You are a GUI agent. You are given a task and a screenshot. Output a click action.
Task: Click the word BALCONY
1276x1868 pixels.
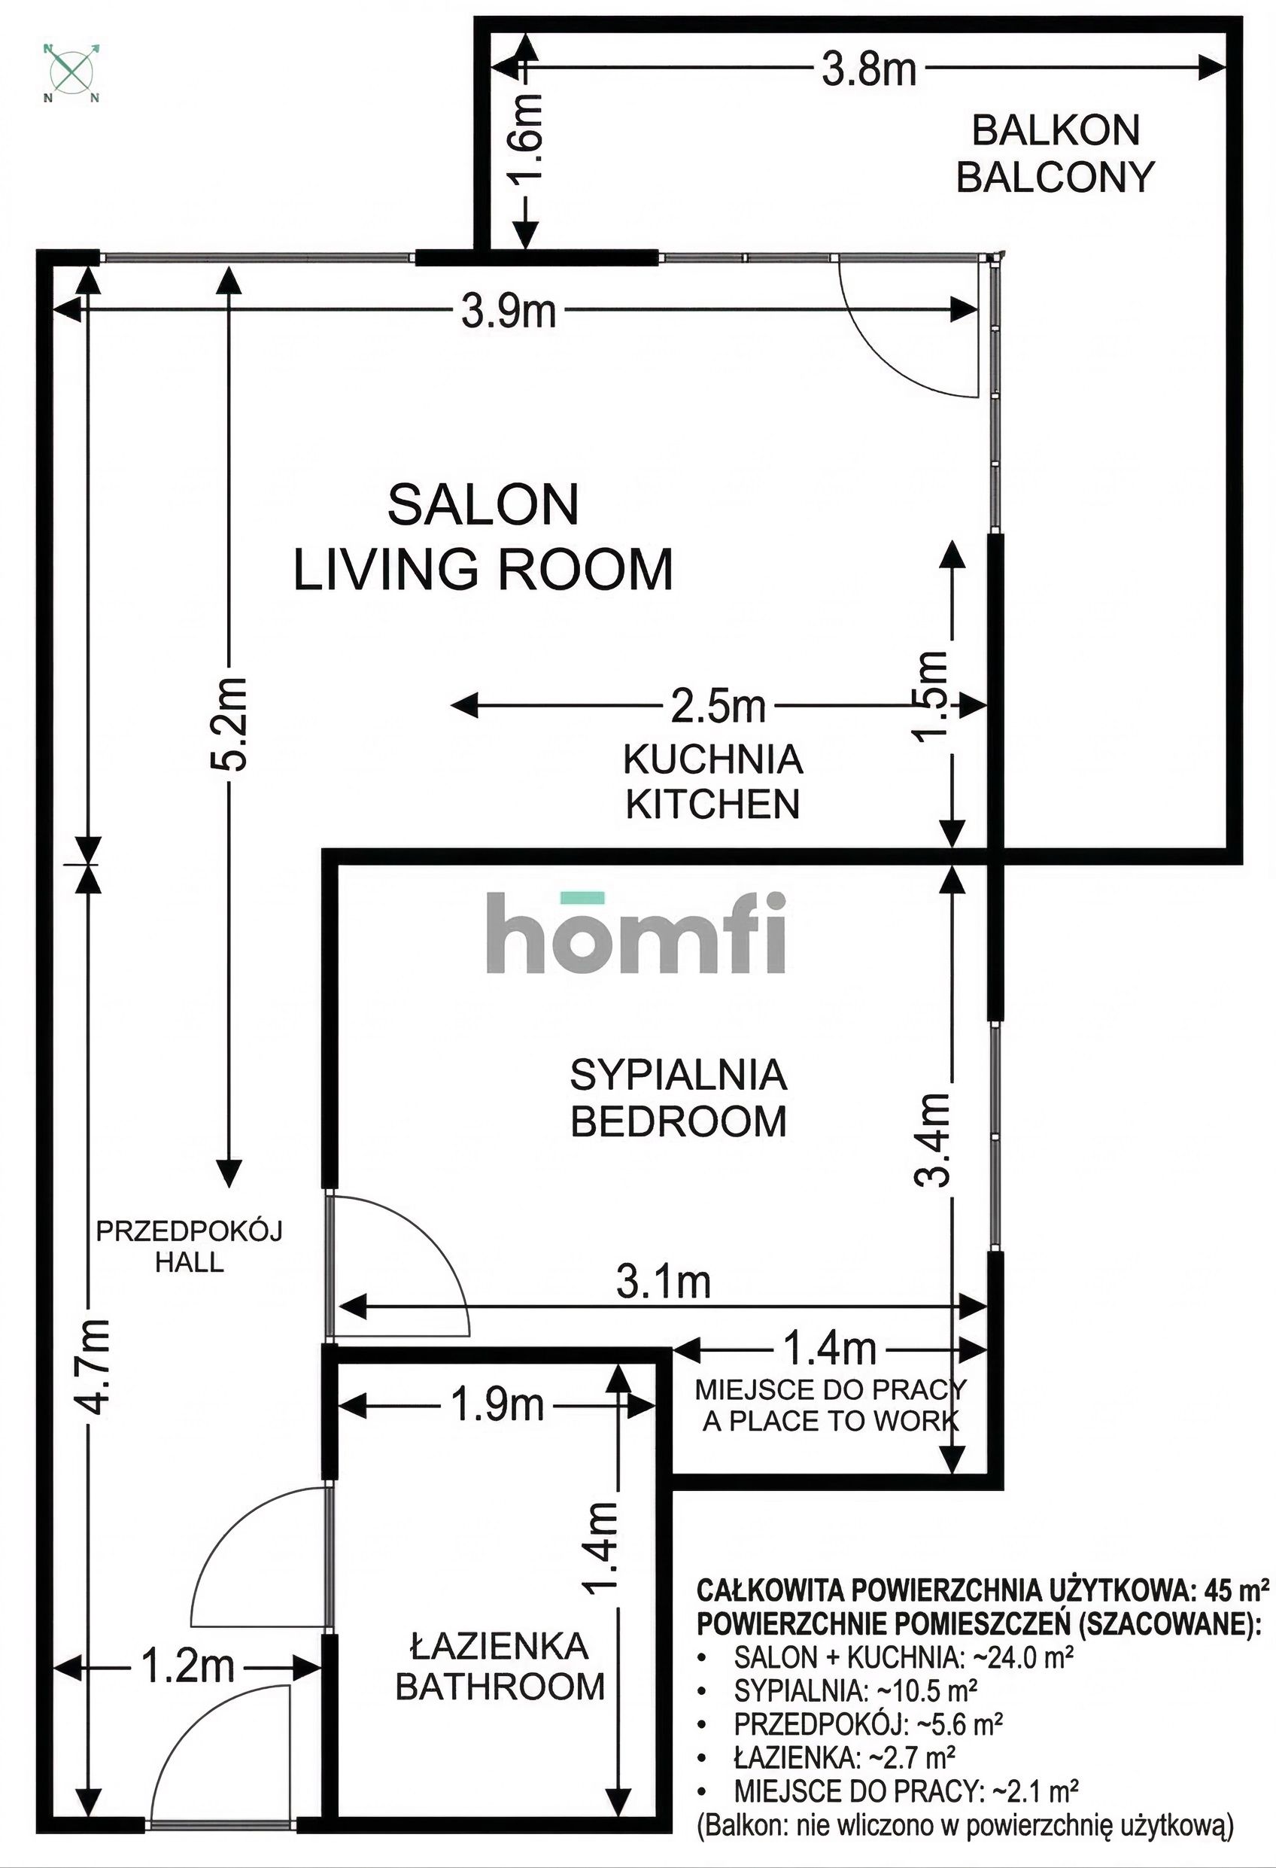coord(1055,177)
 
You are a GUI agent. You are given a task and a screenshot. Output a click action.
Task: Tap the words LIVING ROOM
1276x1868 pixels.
coord(483,570)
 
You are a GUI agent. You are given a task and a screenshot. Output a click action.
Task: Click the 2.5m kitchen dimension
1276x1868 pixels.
coord(718,707)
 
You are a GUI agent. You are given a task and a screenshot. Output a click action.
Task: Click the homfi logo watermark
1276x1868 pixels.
coord(635,935)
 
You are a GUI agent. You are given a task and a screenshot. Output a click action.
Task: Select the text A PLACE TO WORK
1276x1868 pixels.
coord(830,1421)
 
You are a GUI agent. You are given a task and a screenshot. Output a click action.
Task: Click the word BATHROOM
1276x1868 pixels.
coord(500,1687)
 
